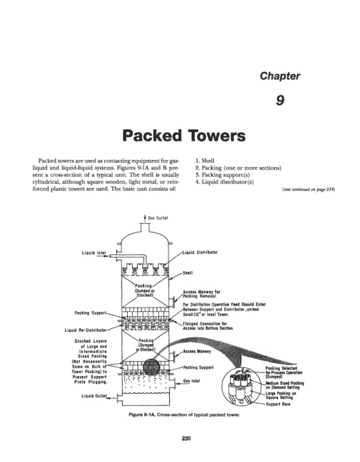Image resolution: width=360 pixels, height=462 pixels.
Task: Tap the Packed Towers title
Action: [180, 136]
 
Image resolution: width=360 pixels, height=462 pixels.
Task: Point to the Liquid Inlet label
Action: [94, 252]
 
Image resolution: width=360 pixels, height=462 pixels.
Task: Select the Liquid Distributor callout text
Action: [200, 252]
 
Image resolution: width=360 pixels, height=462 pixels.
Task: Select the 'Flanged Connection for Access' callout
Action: [207, 326]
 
